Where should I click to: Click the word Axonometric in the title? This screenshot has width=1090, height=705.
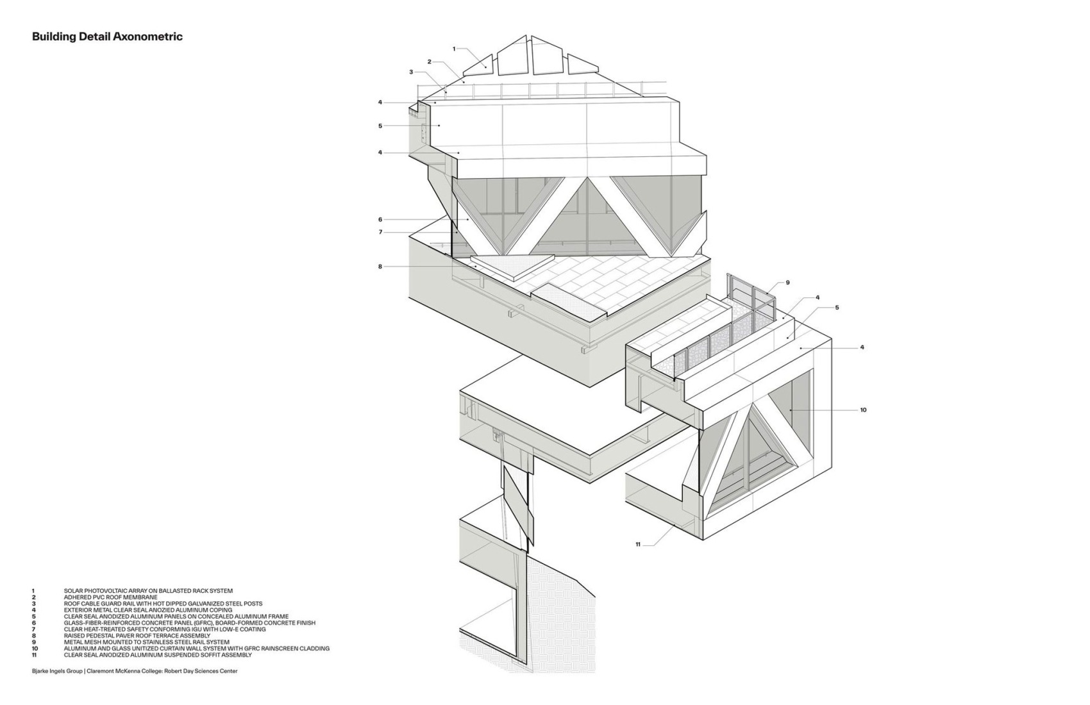pos(147,37)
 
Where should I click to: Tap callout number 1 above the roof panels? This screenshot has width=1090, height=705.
pos(454,49)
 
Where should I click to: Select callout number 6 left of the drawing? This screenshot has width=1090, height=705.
pos(380,220)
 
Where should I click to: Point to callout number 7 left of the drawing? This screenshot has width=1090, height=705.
pos(380,232)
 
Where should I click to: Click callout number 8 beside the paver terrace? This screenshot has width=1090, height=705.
pos(380,267)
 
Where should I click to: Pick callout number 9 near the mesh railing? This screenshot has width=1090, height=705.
pos(787,283)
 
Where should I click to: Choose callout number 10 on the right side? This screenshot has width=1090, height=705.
pos(863,410)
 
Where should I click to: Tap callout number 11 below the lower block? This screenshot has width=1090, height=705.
pos(638,545)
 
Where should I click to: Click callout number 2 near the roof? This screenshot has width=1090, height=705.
pos(429,62)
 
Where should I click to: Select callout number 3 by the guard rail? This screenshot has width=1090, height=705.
pos(411,72)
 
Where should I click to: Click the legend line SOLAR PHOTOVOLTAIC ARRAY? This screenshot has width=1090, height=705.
pos(148,591)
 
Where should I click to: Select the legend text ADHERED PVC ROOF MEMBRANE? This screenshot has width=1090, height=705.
pos(110,597)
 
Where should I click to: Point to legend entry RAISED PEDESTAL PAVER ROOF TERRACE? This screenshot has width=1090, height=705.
pos(137,634)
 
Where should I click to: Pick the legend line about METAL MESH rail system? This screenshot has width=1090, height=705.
pos(146,642)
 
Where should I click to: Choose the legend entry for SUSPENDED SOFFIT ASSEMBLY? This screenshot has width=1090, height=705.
pos(158,655)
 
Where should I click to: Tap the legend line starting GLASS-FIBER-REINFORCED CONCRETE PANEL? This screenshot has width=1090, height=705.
pos(189,622)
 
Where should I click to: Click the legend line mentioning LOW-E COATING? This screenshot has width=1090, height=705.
pos(165,629)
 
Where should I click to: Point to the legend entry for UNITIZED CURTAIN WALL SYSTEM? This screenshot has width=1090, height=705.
pos(196,649)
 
